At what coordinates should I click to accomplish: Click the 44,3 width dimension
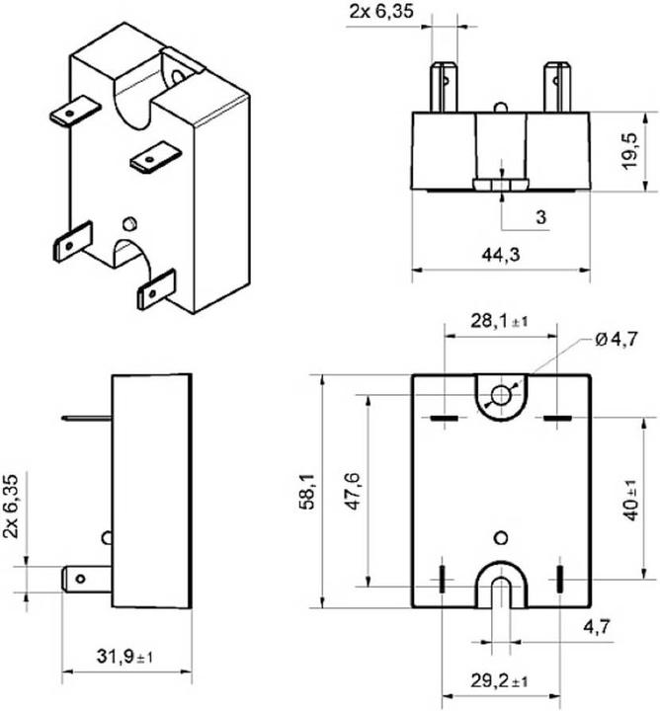coord(501,255)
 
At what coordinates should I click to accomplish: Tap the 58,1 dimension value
coord(306,492)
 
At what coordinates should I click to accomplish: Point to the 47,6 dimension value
coord(353,492)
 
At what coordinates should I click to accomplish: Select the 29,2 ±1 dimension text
coord(498,680)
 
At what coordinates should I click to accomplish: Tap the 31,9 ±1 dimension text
coord(126,654)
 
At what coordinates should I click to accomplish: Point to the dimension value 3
coord(540,215)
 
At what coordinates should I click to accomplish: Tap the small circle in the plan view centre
coord(501,536)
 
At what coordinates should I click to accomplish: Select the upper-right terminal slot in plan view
coord(558,419)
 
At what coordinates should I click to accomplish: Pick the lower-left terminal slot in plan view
coord(443,579)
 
